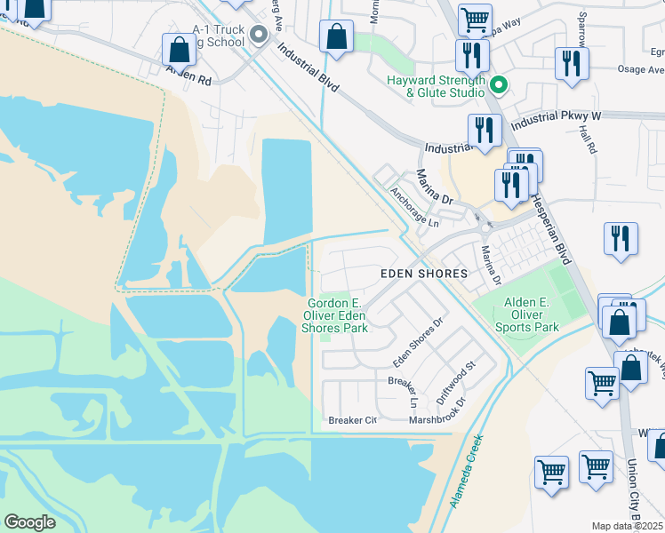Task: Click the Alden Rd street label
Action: [188, 79]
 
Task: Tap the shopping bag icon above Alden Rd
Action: [180, 52]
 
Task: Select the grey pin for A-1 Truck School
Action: [259, 36]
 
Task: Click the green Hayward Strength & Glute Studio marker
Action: [499, 85]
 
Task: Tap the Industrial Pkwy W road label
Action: [557, 116]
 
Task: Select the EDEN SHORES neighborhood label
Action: [423, 274]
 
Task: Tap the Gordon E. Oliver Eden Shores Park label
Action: [335, 314]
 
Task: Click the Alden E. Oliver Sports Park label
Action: [532, 314]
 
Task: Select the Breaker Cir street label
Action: [353, 420]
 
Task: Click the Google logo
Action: [29, 521]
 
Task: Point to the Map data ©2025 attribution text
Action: [626, 526]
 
